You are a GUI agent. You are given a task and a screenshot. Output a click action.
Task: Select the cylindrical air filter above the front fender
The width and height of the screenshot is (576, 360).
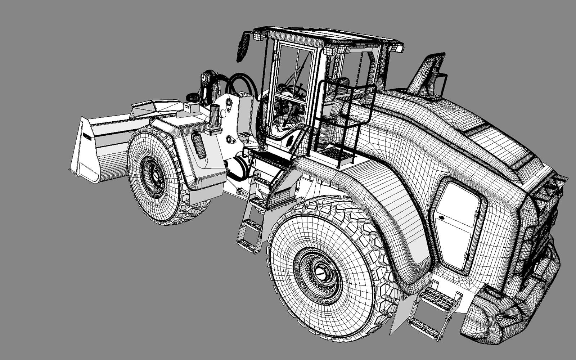[x=215, y=116]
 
